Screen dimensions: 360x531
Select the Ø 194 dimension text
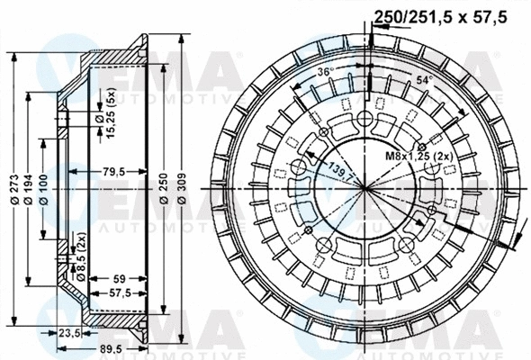(29, 188)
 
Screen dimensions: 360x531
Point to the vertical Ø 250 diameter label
(165, 188)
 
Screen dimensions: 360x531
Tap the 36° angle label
(325, 71)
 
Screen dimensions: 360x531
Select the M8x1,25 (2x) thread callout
(418, 156)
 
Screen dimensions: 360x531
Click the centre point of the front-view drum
(364, 188)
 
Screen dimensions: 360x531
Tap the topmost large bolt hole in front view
(364, 120)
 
